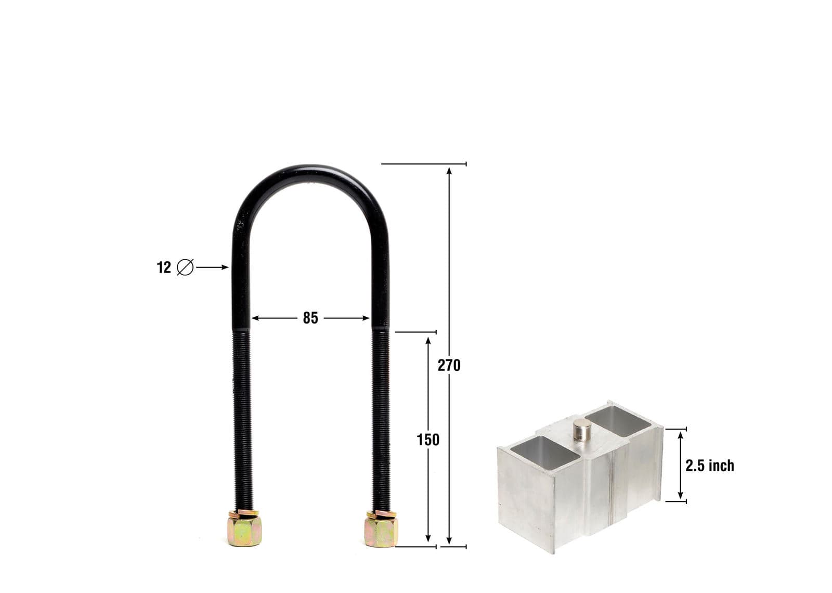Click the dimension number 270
tap(449, 366)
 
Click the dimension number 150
tap(428, 440)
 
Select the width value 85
tap(310, 318)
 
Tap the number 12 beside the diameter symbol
tap(164, 267)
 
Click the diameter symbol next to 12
tap(185, 267)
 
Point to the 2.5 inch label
tap(709, 466)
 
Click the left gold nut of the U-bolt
tap(244, 528)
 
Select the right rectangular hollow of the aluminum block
tap(619, 420)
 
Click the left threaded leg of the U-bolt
tap(242, 416)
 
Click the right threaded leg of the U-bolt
tap(381, 416)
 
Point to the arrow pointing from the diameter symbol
tap(212, 267)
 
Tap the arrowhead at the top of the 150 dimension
tap(428, 340)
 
